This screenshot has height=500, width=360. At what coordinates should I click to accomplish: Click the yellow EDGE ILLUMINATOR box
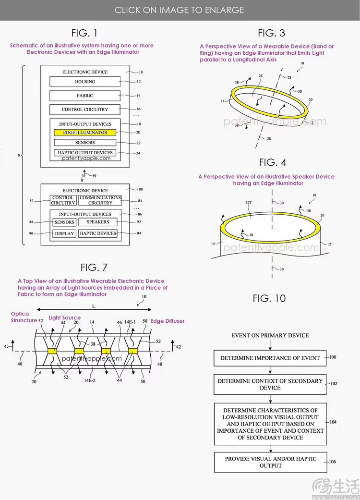(x=85, y=132)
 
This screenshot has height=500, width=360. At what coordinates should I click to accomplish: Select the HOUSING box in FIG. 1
(x=85, y=82)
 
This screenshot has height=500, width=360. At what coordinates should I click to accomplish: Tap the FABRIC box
(x=85, y=96)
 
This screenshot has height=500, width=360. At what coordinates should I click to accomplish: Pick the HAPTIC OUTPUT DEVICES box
(x=85, y=153)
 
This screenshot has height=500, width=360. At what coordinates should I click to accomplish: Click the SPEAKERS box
(x=98, y=222)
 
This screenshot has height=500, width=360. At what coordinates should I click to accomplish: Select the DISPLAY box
(x=64, y=233)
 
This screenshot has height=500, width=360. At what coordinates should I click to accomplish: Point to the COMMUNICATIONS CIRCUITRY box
(x=100, y=200)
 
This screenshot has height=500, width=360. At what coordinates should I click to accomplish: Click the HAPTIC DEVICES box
(x=98, y=233)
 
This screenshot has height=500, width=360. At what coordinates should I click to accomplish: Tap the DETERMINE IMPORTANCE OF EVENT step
(x=270, y=358)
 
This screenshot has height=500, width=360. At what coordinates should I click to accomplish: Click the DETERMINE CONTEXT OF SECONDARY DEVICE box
(x=270, y=384)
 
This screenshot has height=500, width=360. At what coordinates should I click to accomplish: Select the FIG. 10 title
(x=269, y=298)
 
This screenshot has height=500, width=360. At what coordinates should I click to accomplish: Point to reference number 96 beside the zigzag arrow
(x=94, y=175)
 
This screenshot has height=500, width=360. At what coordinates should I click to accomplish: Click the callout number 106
(x=333, y=462)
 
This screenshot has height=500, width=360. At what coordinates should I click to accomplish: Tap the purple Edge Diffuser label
(x=168, y=321)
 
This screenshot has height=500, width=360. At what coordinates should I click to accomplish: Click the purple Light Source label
(x=65, y=317)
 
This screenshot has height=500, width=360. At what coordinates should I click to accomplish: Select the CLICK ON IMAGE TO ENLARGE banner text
(x=180, y=10)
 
